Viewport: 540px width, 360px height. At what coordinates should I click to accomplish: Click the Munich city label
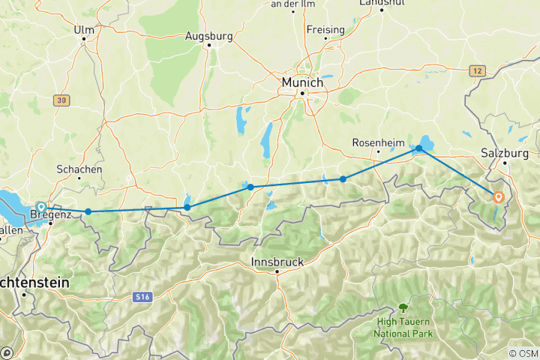point(302,81)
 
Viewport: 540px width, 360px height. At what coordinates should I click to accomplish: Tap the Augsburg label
point(209,35)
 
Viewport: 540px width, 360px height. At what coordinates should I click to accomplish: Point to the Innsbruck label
point(277,262)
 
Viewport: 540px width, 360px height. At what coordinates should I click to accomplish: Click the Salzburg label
point(505,152)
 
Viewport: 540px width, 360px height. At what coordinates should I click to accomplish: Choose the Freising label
point(325,30)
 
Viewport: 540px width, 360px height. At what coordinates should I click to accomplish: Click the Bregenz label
point(49,216)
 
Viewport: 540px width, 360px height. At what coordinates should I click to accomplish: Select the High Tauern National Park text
point(403,327)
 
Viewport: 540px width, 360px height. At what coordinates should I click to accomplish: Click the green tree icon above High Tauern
point(403,307)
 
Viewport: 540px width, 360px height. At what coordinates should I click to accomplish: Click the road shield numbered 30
point(61,100)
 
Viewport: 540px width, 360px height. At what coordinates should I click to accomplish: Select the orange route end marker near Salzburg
point(499,197)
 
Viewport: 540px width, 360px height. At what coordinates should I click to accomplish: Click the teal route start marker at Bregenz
point(41,207)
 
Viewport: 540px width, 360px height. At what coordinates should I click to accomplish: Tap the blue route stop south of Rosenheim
point(343,178)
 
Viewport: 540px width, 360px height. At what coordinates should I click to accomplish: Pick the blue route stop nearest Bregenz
point(88,211)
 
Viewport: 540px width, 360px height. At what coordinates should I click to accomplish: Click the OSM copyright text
point(523,353)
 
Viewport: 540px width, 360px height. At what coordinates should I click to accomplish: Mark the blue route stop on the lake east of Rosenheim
point(419,149)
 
